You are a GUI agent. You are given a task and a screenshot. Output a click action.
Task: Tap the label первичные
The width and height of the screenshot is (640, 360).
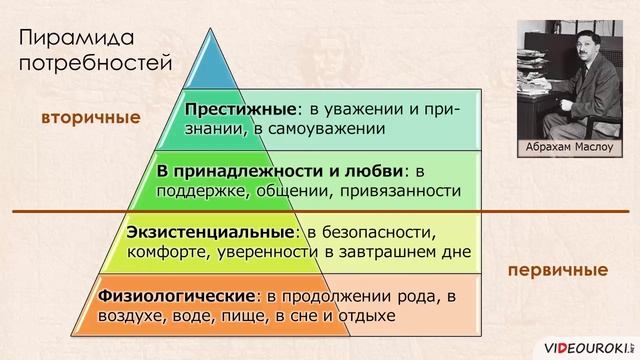[x=557, y=270]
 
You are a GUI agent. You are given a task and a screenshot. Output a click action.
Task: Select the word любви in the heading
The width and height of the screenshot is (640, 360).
[x=377, y=169]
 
